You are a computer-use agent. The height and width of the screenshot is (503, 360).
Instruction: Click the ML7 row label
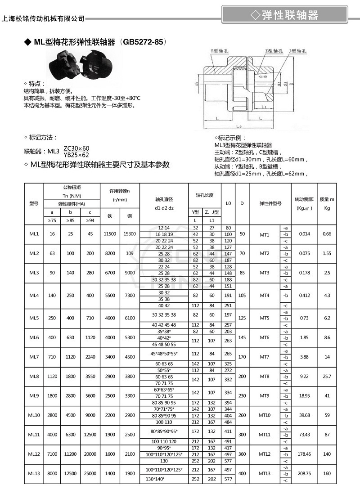[34, 357]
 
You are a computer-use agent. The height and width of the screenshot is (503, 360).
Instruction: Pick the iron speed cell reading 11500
[110, 234]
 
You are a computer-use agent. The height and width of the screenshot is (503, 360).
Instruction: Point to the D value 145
[242, 337]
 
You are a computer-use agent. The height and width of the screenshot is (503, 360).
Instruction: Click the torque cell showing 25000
[91, 473]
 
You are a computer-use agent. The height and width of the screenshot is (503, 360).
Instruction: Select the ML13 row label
[34, 473]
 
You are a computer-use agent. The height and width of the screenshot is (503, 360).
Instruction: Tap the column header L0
[228, 203]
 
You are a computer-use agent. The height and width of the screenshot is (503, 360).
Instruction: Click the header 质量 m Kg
[327, 203]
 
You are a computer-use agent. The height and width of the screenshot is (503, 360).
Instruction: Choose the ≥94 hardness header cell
[91, 220]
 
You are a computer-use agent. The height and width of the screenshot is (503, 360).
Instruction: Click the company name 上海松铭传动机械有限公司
[43, 18]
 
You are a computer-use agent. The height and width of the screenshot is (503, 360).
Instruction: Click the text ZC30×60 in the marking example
[76, 148]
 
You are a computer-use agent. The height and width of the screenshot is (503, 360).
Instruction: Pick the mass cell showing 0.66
[327, 234]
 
